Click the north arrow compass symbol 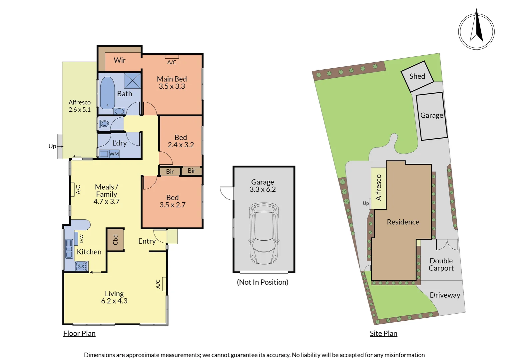476,31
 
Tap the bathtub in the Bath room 107,93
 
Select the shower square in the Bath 132,80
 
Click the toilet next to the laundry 104,124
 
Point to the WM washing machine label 114,154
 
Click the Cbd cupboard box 116,240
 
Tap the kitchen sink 69,249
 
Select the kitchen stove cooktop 81,266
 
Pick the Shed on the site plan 417,76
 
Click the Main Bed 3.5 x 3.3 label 172,83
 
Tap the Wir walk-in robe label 120,60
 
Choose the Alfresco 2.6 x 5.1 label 80,106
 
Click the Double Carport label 441,264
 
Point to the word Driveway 445,295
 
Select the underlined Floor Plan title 79,333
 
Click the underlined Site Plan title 383,333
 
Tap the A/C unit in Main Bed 172,57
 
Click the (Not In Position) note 262,282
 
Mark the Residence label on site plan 403,222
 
